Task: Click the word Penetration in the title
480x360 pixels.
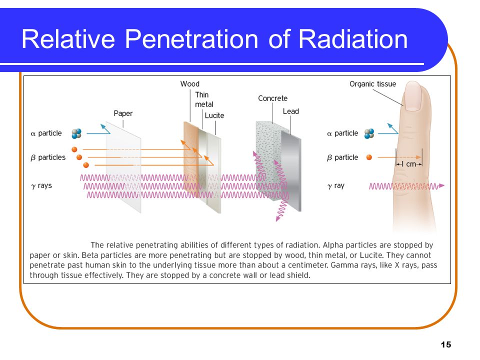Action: pyautogui.click(x=191, y=39)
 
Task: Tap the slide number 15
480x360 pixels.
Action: pyautogui.click(x=445, y=344)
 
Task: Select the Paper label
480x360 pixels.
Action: pyautogui.click(x=123, y=113)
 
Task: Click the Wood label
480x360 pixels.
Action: pyautogui.click(x=190, y=84)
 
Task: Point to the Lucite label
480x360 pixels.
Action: pyautogui.click(x=214, y=115)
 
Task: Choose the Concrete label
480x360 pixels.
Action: pyautogui.click(x=273, y=98)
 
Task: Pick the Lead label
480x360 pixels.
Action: pyautogui.click(x=291, y=111)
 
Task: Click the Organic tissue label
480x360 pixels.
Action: pyautogui.click(x=372, y=84)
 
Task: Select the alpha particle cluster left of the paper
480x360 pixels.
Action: pyautogui.click(x=76, y=133)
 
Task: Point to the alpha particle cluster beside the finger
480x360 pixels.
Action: pyautogui.click(x=369, y=133)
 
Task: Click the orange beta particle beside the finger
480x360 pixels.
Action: pyautogui.click(x=369, y=157)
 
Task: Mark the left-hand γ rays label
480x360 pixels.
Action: pyautogui.click(x=41, y=186)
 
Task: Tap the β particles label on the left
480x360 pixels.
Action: pyautogui.click(x=48, y=157)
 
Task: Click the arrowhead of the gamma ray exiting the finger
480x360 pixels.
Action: pyautogui.click(x=441, y=185)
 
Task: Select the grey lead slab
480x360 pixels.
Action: pyautogui.click(x=291, y=171)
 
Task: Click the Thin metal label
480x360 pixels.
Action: pyautogui.click(x=204, y=99)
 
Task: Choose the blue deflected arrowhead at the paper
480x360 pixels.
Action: pyautogui.click(x=103, y=126)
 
